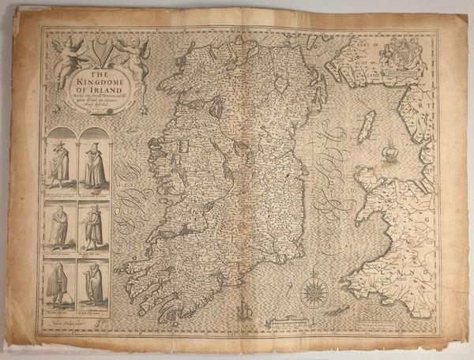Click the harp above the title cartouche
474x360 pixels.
coord(96,54)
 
